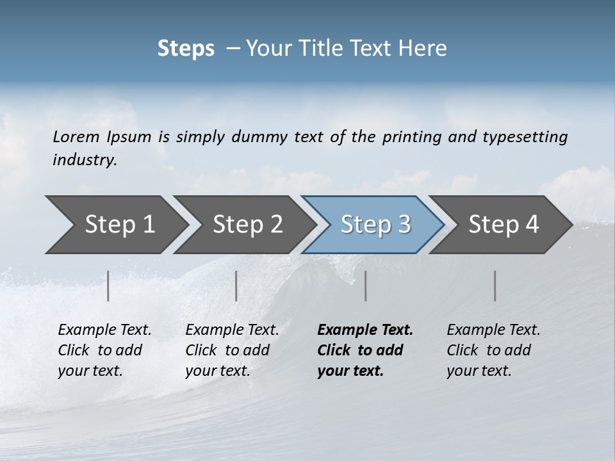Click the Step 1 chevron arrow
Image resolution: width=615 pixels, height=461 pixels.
point(119,225)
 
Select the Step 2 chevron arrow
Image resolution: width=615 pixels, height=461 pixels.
point(247,225)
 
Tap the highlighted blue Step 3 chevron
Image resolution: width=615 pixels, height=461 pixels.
point(375,225)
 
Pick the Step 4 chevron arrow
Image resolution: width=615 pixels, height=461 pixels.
point(503,225)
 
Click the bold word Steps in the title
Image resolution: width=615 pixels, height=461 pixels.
point(186,49)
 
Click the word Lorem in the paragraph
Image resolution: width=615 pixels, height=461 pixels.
point(76,136)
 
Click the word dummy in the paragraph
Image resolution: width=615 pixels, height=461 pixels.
point(259,137)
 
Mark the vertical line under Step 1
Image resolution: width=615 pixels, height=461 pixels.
point(108,286)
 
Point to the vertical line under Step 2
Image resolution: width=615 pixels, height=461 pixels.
point(236,286)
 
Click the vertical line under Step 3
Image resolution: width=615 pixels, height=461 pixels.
point(365,286)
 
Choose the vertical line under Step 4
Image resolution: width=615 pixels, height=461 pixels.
point(495,286)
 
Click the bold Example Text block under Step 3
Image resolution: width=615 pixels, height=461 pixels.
point(365,350)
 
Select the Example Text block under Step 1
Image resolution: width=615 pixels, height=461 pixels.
point(104,350)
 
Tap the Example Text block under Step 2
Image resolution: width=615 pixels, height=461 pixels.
point(232,350)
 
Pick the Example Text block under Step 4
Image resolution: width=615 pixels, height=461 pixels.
point(493,350)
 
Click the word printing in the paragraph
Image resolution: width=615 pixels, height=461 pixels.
point(412,137)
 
